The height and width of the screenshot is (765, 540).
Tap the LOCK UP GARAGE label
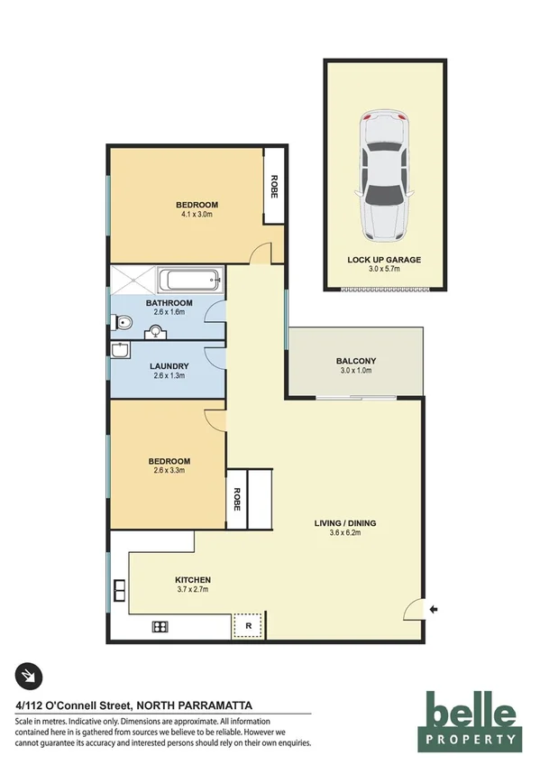coord(384,260)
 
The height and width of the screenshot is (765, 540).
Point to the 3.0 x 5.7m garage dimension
coord(384,270)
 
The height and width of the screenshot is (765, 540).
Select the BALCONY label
coord(354,361)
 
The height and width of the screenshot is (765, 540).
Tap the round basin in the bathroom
coord(157,331)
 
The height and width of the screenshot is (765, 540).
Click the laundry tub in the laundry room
coord(121,350)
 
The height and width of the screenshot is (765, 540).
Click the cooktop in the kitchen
coord(160,627)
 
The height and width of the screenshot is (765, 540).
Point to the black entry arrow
coord(434,611)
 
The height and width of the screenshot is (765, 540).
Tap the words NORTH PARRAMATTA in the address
coord(199,705)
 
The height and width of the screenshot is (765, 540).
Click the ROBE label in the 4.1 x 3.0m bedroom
coord(273,187)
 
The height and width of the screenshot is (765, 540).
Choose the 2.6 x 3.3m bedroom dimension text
coord(169,472)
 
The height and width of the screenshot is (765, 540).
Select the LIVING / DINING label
coord(345,523)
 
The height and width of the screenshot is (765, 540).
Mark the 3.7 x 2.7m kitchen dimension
coord(193,590)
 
